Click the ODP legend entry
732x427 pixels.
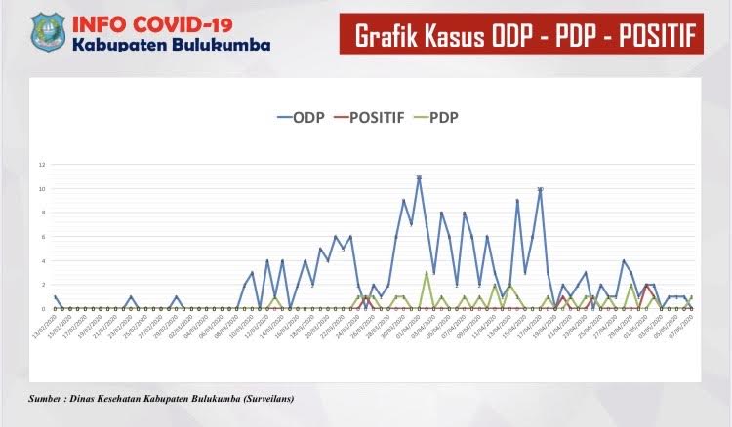pyautogui.click(x=305, y=118)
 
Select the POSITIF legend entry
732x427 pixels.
pyautogui.click(x=366, y=118)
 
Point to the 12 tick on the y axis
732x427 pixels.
pyautogui.click(x=42, y=164)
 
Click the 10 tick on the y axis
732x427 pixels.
pyautogui.click(x=42, y=188)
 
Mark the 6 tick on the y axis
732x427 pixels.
pyautogui.click(x=43, y=237)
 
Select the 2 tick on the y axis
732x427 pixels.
pyautogui.click(x=43, y=285)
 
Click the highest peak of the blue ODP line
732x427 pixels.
pyautogui.click(x=419, y=177)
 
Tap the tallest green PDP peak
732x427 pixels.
pyautogui.click(x=427, y=273)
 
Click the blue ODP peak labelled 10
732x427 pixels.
pyautogui.click(x=540, y=189)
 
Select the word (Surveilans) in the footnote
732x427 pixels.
pyautogui.click(x=262, y=398)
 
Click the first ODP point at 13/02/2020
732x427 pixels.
pyautogui.click(x=56, y=296)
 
